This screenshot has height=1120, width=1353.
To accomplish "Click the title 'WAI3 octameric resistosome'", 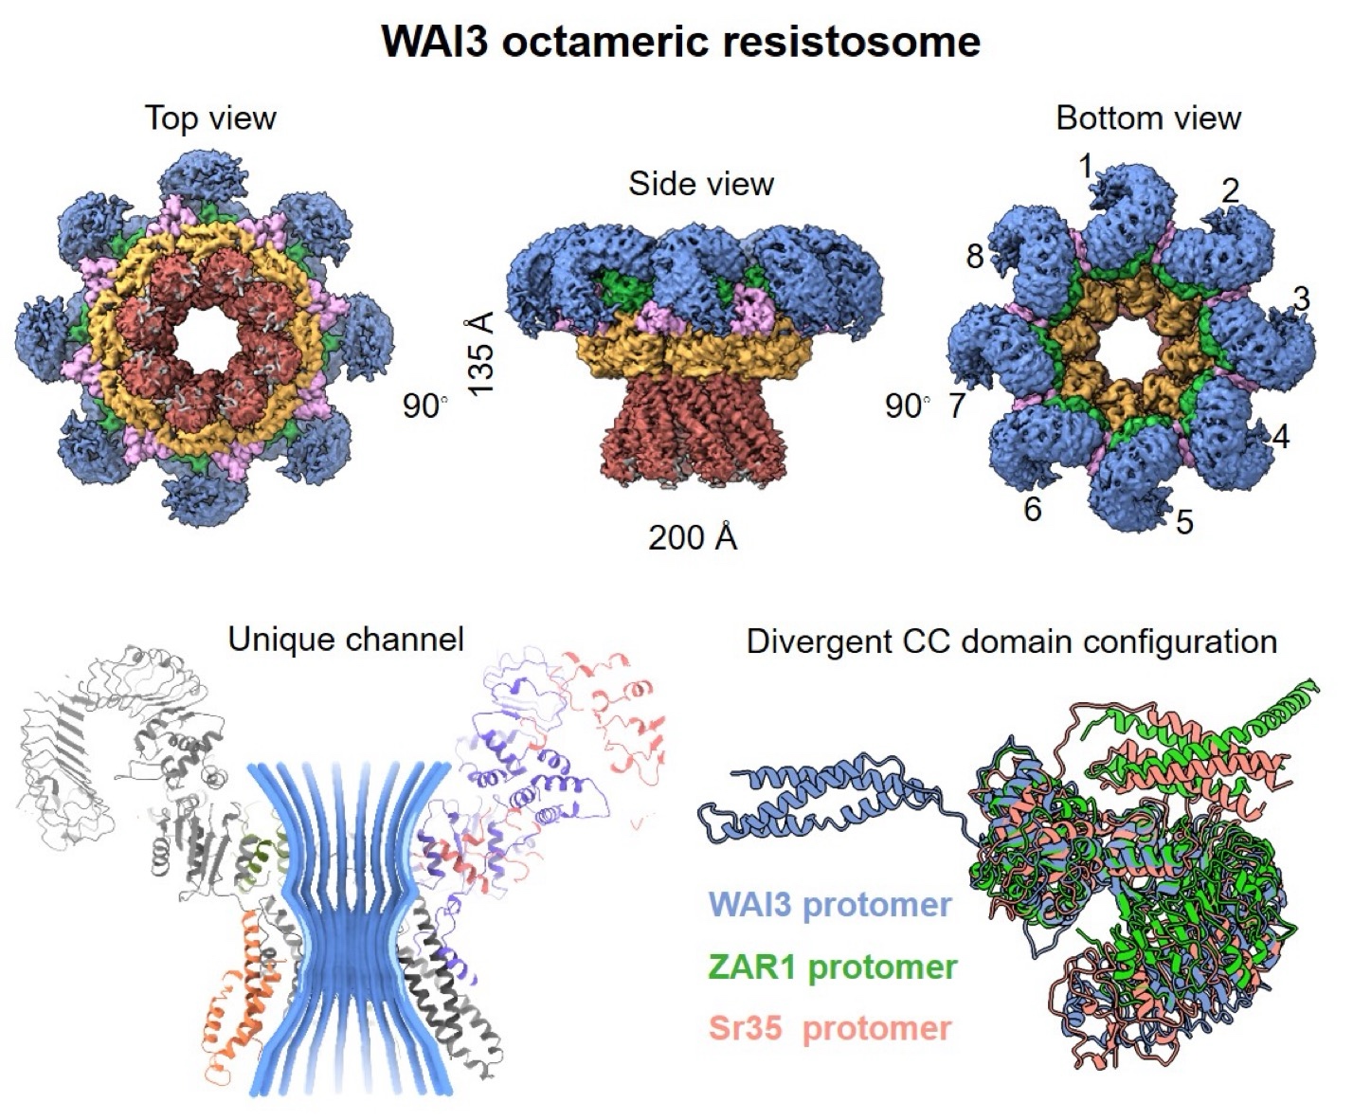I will click(x=680, y=42).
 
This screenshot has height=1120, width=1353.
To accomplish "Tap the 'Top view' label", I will click(x=210, y=118).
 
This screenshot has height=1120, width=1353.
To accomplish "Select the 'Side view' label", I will click(x=701, y=184).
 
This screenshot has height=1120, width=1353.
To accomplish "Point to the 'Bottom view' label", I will click(x=1147, y=118).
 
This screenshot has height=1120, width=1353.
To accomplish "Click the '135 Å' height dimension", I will click(x=481, y=354).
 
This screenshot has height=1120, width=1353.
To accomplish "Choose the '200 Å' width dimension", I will click(x=693, y=537).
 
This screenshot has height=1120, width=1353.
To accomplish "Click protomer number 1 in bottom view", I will click(x=1086, y=168).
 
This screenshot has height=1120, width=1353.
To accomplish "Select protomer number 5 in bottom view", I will click(x=1184, y=521).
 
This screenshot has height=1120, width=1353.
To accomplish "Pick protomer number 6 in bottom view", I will click(x=1033, y=510).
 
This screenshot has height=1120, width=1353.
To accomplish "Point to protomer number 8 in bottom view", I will click(x=975, y=256).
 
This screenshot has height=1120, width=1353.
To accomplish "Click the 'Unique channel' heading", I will click(x=346, y=640).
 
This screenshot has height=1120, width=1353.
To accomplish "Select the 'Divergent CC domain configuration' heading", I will click(x=1011, y=641).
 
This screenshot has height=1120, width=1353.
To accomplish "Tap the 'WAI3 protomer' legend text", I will click(x=830, y=904).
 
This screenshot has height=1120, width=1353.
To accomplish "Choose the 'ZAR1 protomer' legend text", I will click(x=833, y=967).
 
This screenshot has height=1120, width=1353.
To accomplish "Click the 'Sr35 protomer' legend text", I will click(x=830, y=1028).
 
